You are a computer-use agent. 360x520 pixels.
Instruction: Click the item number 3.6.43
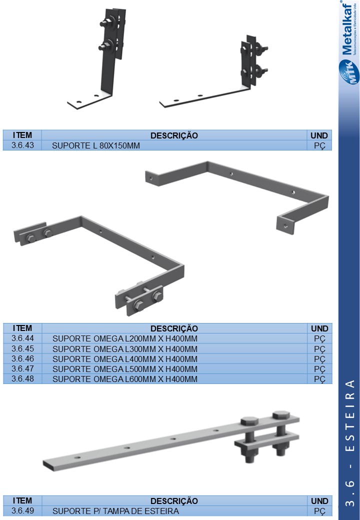coord(22,145)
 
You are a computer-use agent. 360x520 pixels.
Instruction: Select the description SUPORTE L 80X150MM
coord(96,145)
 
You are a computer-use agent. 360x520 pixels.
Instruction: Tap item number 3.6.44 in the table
coord(22,338)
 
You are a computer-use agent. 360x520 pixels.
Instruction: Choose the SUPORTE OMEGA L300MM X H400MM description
coord(124,349)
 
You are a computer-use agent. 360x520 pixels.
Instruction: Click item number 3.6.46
coord(22,358)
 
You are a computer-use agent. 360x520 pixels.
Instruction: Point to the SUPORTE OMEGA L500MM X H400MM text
coord(124,369)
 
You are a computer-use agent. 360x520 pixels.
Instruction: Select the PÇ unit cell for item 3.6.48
coord(319,379)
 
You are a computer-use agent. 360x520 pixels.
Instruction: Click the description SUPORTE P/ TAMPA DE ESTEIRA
coord(115,511)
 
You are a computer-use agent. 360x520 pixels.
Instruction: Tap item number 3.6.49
coord(22,510)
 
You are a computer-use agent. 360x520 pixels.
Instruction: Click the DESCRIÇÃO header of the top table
coord(174,135)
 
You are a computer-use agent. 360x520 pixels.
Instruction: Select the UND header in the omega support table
coord(319,328)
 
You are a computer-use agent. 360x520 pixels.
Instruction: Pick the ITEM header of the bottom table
coord(22,500)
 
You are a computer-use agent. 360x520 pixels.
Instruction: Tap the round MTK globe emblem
coord(349,71)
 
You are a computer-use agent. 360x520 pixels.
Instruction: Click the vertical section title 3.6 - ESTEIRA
coord(350,443)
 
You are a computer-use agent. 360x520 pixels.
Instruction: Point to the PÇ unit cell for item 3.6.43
coord(319,146)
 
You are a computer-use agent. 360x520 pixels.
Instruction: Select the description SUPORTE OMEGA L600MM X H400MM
coord(124,378)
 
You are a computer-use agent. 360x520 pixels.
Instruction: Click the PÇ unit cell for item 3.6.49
coord(319,511)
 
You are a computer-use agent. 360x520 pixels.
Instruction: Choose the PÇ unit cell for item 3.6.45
coord(319,349)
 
